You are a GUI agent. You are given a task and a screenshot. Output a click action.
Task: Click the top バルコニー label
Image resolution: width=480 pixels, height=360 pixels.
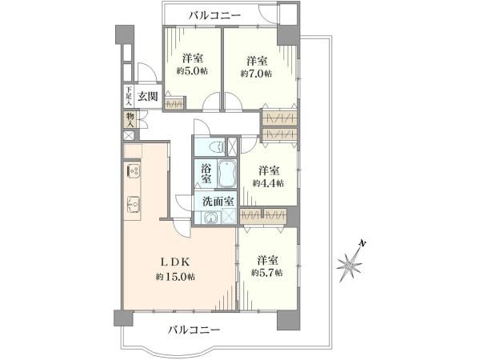pos(212,14)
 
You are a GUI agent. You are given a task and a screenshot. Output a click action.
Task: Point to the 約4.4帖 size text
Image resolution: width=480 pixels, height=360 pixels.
pos(268,182)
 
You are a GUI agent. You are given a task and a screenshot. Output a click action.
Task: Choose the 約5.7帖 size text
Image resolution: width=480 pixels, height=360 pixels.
pos(268,273)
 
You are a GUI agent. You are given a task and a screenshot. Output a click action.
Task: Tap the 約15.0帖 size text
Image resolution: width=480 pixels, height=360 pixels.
pos(176,276)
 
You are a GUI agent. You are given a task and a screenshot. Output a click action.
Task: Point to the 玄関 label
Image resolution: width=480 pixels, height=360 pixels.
pos(147,97)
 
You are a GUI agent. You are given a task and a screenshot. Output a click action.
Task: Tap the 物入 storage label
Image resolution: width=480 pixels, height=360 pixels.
pos(129,118)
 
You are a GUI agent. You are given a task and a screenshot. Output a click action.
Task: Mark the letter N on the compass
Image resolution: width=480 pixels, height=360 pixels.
pos(362,243)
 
